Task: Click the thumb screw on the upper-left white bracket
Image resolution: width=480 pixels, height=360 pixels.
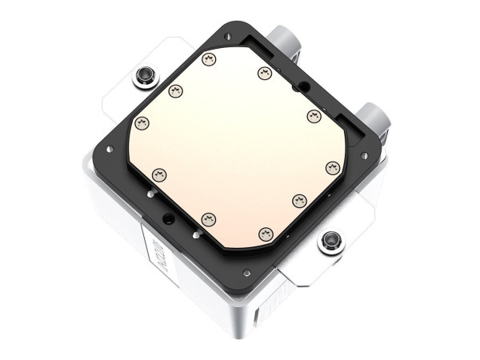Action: pyautogui.click(x=146, y=77)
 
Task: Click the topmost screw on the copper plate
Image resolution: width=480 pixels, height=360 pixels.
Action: pyautogui.click(x=210, y=58)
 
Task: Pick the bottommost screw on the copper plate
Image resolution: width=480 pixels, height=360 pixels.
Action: pyautogui.click(x=266, y=234)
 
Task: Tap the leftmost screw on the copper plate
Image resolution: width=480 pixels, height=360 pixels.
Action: pyautogui.click(x=142, y=123)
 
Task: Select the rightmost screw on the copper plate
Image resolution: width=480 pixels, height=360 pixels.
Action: pyautogui.click(x=333, y=167)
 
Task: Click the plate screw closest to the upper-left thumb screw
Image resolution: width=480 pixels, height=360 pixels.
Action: pyautogui.click(x=175, y=90)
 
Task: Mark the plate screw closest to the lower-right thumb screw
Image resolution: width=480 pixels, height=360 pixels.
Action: pyautogui.click(x=300, y=200)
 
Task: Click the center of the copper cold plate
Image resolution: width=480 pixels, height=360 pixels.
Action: pyautogui.click(x=238, y=146)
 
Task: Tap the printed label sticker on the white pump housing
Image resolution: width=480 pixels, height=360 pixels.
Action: pyautogui.click(x=156, y=257)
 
